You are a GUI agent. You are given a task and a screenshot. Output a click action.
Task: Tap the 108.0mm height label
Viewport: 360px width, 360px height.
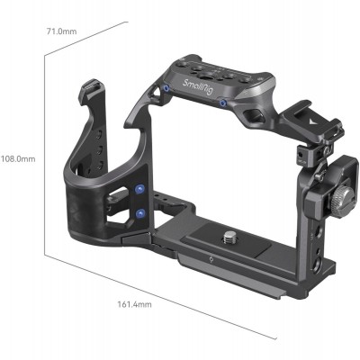coord(18,159)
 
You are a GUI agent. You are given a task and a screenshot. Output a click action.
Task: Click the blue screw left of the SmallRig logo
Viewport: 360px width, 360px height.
coord(168,88)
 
